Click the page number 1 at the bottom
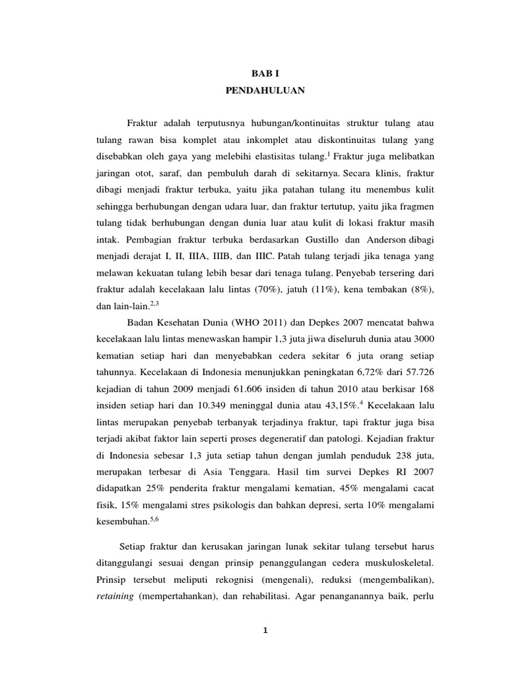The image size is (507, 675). tap(263, 630)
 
